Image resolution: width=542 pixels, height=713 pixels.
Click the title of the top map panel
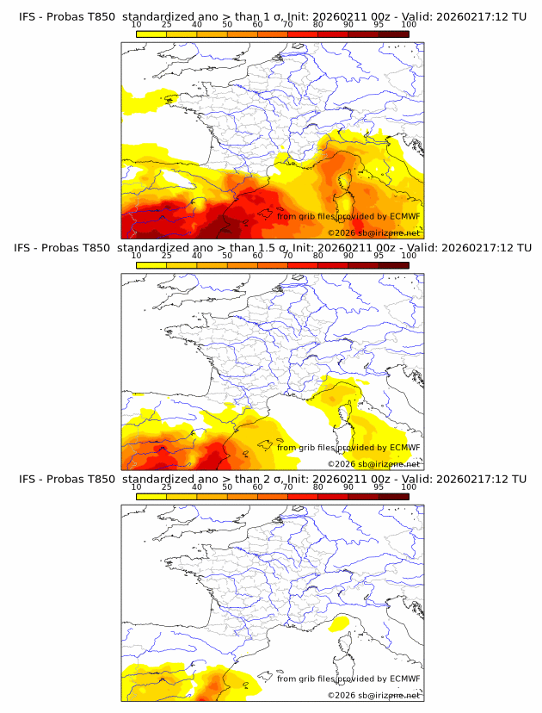pos(271,16)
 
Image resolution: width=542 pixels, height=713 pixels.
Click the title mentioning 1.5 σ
pos(271,248)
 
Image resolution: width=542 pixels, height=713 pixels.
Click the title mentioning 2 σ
pos(271,479)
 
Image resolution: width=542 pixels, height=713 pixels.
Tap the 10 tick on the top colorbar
pos(137,26)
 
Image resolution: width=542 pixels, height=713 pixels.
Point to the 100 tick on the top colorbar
pos(409,26)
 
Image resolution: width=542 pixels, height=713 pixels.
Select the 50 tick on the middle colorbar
pos(227,257)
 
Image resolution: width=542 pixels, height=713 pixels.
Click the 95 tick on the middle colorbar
pos(379,257)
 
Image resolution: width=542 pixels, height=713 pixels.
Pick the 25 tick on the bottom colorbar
pos(167,487)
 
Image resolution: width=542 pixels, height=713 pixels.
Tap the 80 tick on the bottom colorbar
pos(318,487)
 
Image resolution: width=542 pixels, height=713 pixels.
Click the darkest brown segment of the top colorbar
pos(393,34)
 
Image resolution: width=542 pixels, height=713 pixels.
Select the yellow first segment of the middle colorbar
pos(151,264)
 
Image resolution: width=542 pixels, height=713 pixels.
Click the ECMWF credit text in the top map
pos(348,216)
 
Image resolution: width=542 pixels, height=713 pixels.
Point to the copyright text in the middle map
pos(373,464)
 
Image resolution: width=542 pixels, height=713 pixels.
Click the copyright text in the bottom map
pos(373,695)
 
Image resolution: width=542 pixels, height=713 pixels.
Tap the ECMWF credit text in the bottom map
pos(348,679)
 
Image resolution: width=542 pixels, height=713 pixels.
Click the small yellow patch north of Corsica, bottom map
pos(340,622)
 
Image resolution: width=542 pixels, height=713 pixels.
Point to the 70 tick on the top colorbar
pos(287,26)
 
